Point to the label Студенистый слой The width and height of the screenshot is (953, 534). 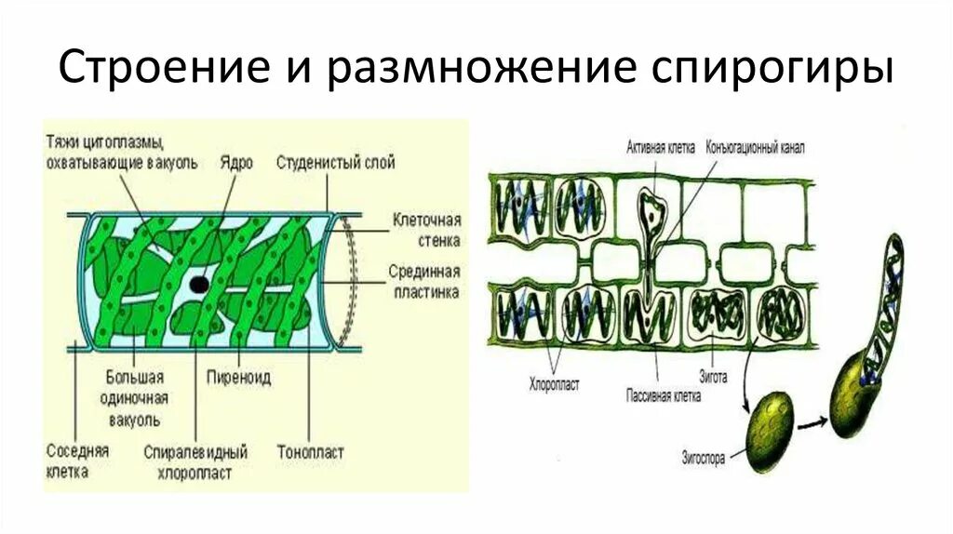point(335,163)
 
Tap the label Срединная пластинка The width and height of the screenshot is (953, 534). point(424,282)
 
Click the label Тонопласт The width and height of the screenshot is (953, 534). point(310,452)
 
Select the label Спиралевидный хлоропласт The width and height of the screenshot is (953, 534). point(195,462)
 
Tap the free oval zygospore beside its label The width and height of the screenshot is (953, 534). point(772,426)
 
